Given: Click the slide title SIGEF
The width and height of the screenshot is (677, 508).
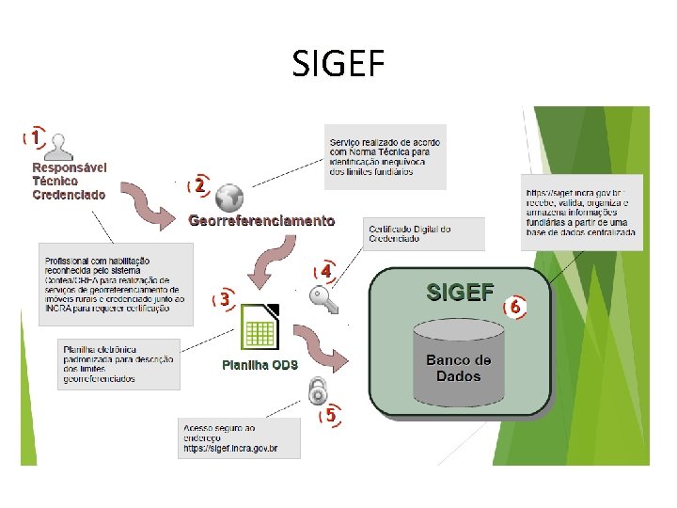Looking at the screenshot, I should pos(338,65).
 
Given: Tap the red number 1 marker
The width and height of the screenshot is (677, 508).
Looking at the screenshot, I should pos(35,137).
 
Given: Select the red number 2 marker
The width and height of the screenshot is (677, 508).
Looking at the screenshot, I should pos(198,186).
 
